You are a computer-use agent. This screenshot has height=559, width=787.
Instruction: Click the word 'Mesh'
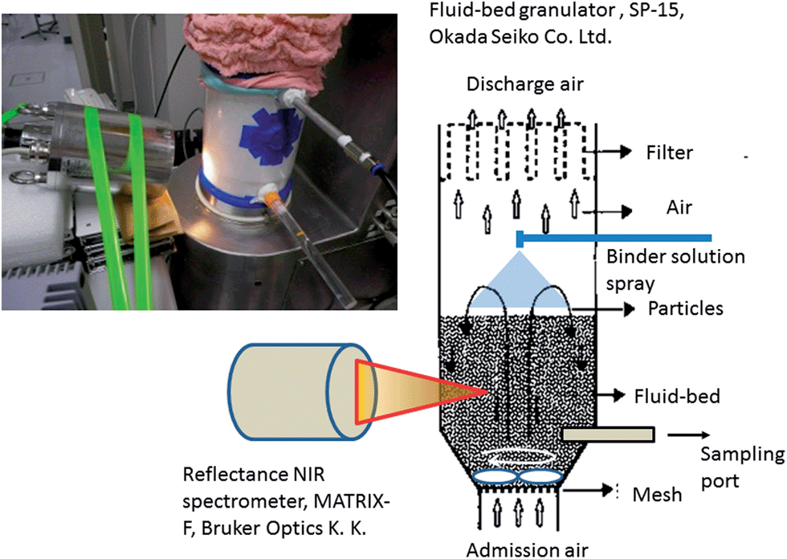coord(657,494)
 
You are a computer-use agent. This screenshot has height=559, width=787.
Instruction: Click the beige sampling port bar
coord(609,435)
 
